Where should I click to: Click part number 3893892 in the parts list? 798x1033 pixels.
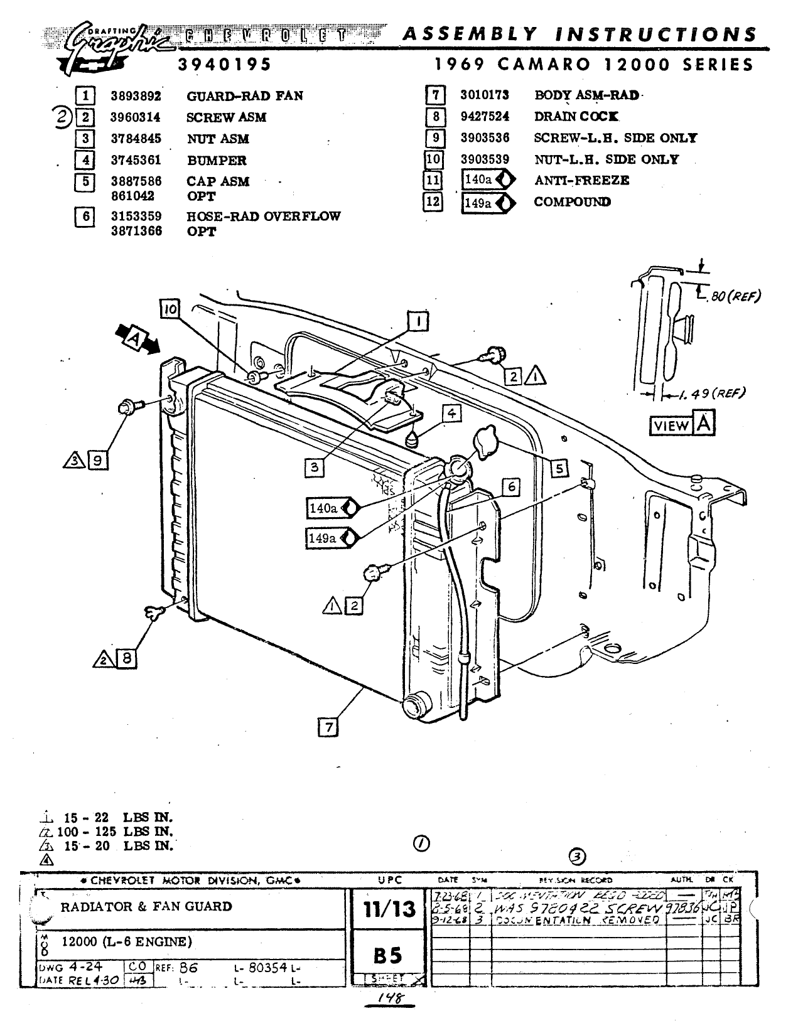pos(136,96)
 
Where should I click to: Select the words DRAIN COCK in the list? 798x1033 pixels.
pos(576,117)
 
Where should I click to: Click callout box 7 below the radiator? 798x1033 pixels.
pos(328,727)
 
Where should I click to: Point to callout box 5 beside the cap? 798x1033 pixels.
pos(559,468)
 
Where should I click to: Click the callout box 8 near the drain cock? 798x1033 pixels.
pos(126,658)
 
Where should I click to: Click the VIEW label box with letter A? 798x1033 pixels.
pos(681,426)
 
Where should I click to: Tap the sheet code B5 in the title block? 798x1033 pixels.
pos(387,955)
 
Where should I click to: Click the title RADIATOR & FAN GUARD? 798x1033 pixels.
pos(146,906)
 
